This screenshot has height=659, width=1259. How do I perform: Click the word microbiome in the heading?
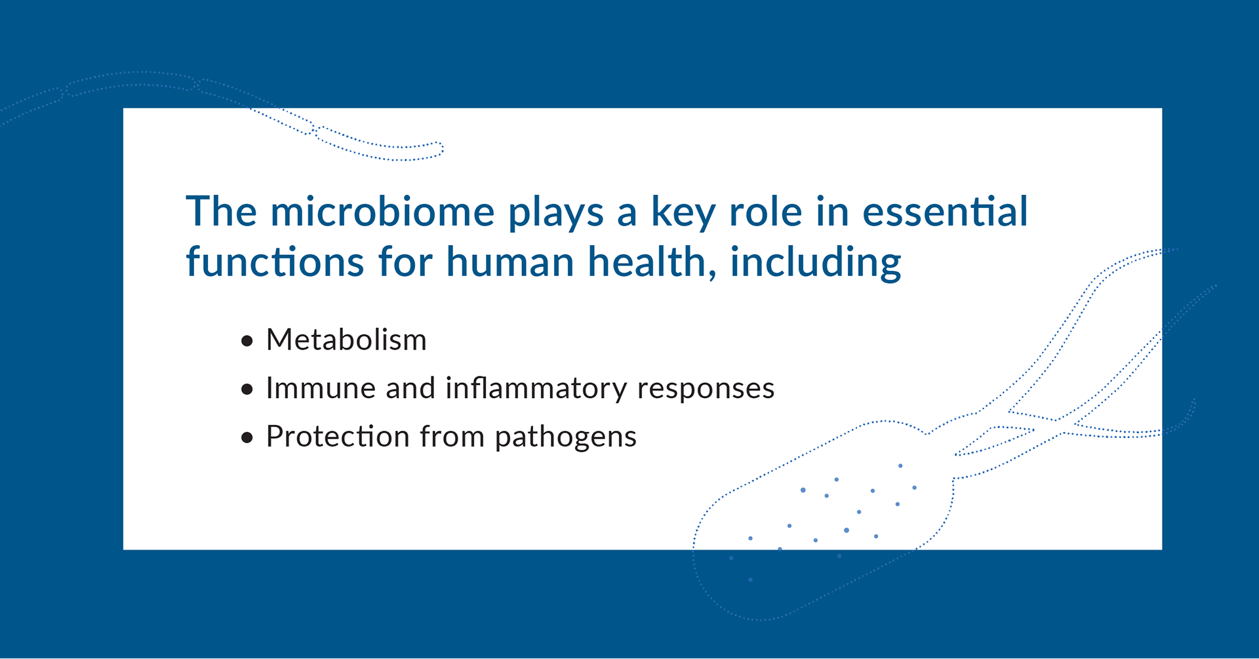tap(382, 212)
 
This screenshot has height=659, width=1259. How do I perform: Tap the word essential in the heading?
tap(945, 212)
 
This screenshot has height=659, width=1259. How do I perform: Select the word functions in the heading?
tap(275, 262)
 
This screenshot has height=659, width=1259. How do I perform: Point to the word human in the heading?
tap(510, 262)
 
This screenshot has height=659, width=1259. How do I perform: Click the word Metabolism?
tap(346, 340)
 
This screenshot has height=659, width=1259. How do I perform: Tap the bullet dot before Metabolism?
tap(247, 341)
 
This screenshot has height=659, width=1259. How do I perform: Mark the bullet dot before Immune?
tap(247, 389)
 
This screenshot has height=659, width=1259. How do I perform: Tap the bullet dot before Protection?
tap(247, 438)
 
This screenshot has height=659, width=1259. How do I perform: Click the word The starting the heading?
tap(222, 212)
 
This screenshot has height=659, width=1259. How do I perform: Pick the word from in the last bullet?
tap(452, 437)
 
